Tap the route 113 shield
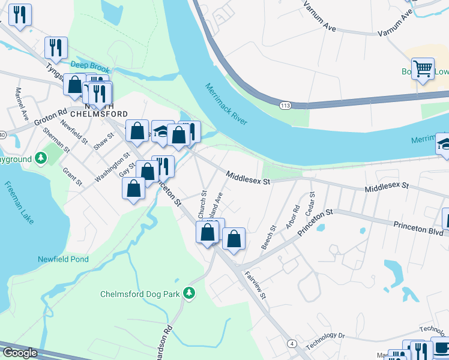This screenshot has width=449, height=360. point(285,106)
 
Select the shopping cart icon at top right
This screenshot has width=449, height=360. point(423,70)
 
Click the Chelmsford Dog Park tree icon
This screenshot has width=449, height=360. point(190,292)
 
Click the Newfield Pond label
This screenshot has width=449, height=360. point(64,259)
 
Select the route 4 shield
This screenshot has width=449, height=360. point(292,343)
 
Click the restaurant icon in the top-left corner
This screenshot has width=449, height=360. point(20,16)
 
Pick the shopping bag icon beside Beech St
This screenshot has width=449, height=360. point(234,239)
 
